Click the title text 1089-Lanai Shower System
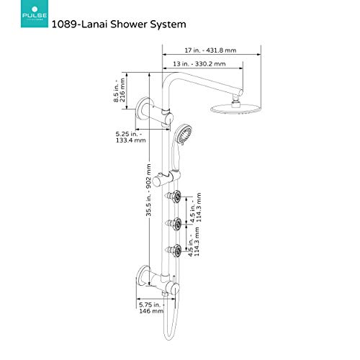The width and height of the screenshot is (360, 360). (x=120, y=24)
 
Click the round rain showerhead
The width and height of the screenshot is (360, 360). (x=234, y=109)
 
